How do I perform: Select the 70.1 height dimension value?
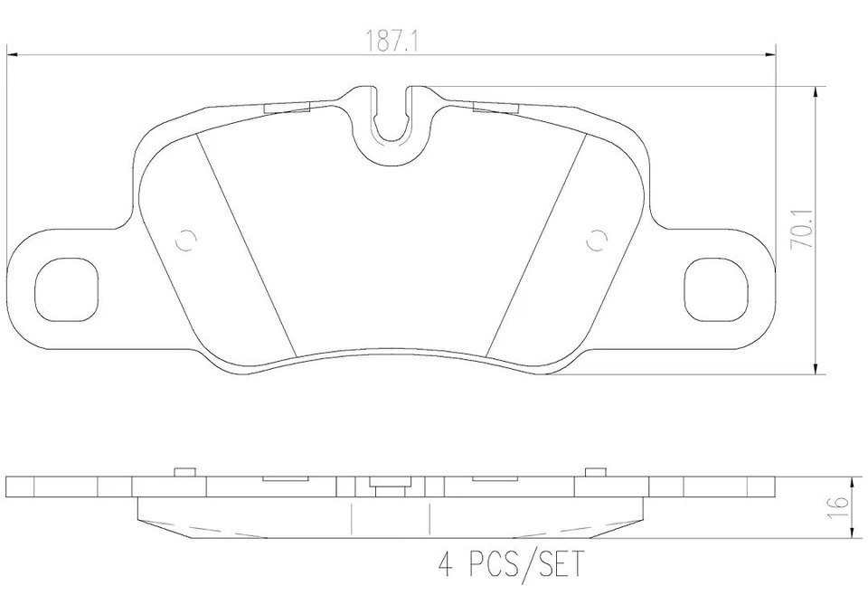point(797,231)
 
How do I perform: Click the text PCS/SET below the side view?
point(524,567)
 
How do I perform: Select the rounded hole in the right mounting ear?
point(716,288)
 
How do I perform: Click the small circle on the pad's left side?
point(185,241)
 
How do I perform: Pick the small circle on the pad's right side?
point(595,241)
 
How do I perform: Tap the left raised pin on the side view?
point(184,471)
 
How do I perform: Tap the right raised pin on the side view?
point(594,471)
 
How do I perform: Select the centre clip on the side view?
point(389,488)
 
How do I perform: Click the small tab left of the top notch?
point(287,108)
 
